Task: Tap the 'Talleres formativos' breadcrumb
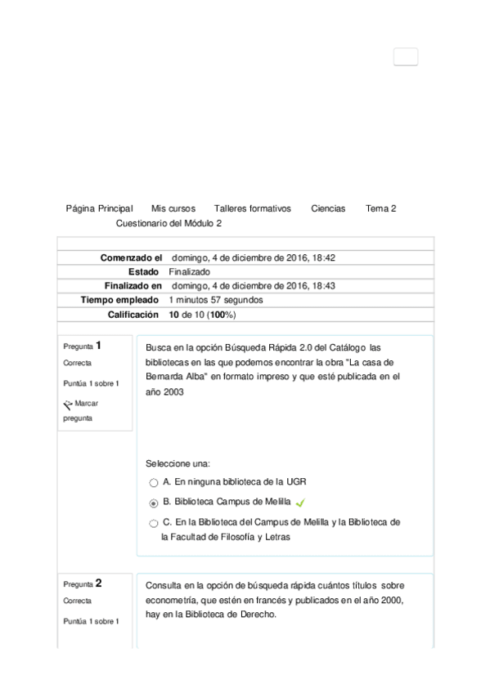click(x=252, y=209)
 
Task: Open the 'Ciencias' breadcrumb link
click(x=328, y=209)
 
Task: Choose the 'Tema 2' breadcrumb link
click(x=381, y=209)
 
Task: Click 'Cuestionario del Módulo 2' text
click(x=169, y=223)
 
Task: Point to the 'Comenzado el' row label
click(x=132, y=258)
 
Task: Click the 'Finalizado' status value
click(x=189, y=272)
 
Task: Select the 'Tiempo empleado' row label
click(x=119, y=300)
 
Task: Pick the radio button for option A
click(x=154, y=483)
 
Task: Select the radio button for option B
click(x=154, y=503)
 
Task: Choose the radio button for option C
click(x=154, y=524)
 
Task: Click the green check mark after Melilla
click(x=300, y=503)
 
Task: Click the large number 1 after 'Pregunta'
click(x=99, y=345)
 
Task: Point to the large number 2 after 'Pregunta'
click(x=99, y=583)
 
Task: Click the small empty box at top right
click(x=406, y=57)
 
